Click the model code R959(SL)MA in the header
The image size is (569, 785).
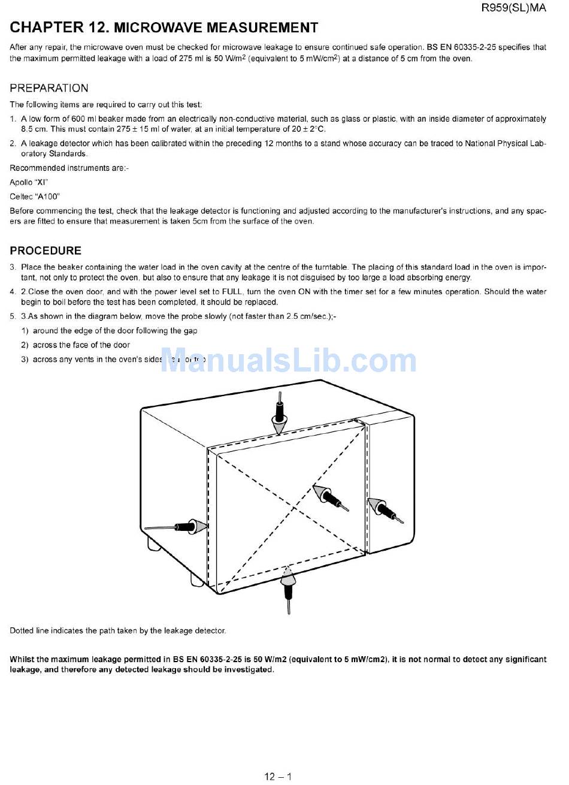(514, 8)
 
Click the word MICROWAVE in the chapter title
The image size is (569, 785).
(158, 28)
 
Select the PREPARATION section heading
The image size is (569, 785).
(49, 88)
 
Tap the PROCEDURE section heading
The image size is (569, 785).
(46, 250)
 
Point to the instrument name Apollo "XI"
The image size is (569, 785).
(29, 182)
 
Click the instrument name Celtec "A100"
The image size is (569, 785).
(35, 197)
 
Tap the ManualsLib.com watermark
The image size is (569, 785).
(288, 360)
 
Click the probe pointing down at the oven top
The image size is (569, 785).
(279, 413)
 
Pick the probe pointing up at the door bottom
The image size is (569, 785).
(288, 590)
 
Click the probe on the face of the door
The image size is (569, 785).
(331, 497)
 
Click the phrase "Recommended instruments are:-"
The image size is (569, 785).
(69, 168)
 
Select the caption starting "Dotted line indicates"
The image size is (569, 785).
(118, 631)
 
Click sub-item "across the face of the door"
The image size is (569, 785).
(81, 345)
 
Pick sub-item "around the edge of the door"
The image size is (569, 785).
(115, 331)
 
